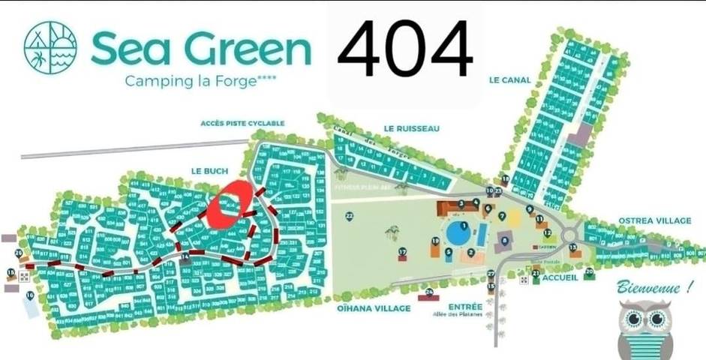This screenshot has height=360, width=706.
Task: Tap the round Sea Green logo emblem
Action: [x=50, y=47]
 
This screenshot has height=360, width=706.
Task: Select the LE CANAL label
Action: [x=509, y=79]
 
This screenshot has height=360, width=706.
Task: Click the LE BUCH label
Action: [x=209, y=172]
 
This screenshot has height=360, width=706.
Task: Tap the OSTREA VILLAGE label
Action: [x=654, y=220]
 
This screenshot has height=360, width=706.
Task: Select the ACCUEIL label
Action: [x=559, y=277]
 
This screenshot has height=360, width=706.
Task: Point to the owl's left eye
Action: [x=636, y=320]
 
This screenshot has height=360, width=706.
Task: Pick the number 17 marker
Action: [x=403, y=252]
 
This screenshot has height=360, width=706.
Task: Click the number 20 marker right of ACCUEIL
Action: [x=589, y=271]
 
